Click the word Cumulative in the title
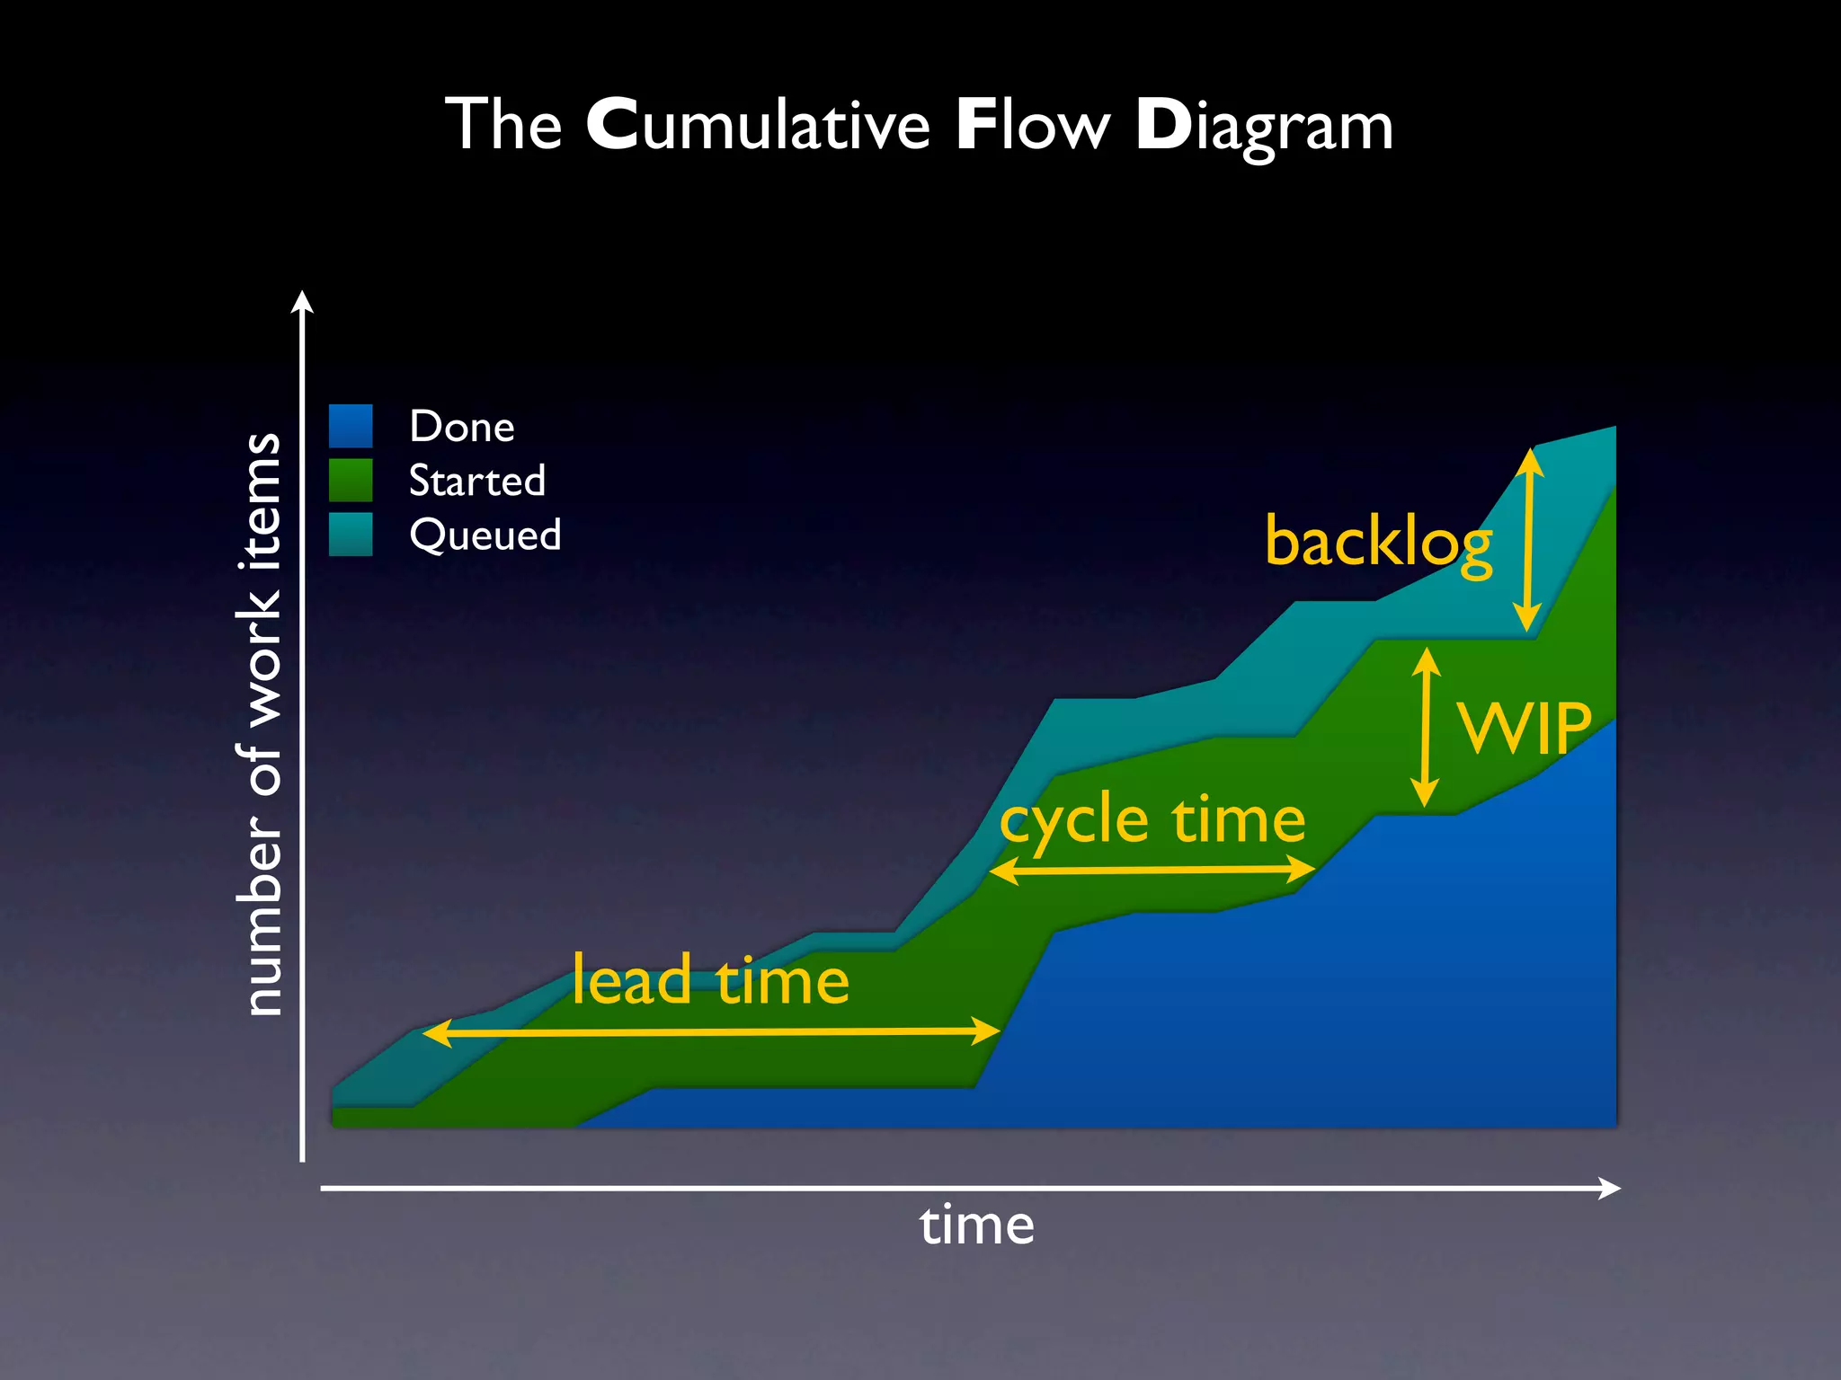tap(758, 125)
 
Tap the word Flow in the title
tap(1033, 125)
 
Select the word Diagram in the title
tap(1264, 127)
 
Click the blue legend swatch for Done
tap(351, 426)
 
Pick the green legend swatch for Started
tap(351, 480)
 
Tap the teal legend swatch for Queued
tap(351, 535)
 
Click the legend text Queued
tap(485, 535)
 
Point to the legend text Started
tap(477, 481)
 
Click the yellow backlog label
tap(1378, 543)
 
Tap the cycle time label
tap(1152, 820)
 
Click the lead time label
tap(710, 980)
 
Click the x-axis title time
tap(977, 1226)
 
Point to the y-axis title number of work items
tap(262, 724)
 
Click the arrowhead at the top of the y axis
tap(303, 301)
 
